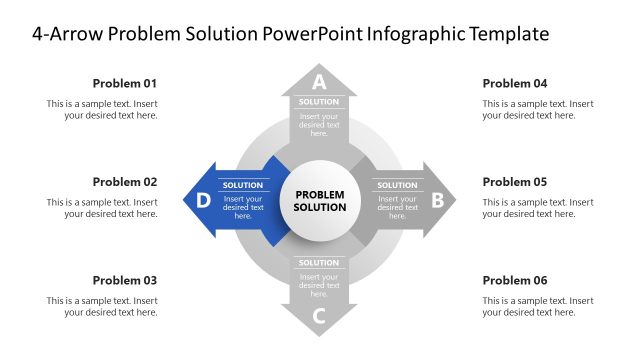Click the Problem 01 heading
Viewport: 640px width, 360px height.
[x=125, y=83]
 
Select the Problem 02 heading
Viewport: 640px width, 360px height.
[x=125, y=182]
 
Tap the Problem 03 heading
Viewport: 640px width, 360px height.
[x=125, y=280]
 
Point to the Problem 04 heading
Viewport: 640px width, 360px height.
[x=515, y=83]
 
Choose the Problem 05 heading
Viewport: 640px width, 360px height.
[x=515, y=182]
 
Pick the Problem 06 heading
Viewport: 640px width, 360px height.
[x=515, y=280]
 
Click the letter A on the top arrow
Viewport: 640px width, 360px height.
[x=319, y=82]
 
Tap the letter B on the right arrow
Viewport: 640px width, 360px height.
[x=437, y=200]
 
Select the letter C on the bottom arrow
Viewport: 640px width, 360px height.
[x=319, y=318]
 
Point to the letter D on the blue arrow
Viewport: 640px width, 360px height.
[x=203, y=200]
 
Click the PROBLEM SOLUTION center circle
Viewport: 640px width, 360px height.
[x=319, y=200]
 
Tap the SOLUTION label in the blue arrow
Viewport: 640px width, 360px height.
[x=243, y=185]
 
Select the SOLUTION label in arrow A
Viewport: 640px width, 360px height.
[x=319, y=102]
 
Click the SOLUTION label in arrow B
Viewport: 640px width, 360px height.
[x=397, y=185]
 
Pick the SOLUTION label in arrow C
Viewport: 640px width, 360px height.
[x=319, y=263]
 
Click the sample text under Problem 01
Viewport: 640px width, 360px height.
[x=102, y=109]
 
